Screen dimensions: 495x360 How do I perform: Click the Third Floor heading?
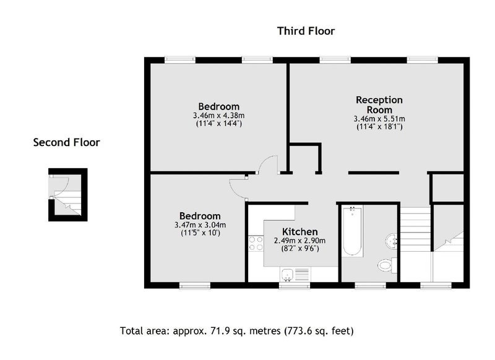pos(306,31)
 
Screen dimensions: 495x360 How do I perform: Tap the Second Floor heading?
pos(67,142)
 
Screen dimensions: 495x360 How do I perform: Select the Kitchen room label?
pos(300,231)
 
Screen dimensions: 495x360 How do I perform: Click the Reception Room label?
pos(379,105)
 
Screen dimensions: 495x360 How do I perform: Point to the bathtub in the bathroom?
pos(352,231)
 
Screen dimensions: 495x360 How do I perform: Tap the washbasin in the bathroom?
pos(392,242)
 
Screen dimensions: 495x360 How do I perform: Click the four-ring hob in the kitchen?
pos(256,244)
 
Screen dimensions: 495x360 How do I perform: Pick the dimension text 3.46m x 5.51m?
pos(379,119)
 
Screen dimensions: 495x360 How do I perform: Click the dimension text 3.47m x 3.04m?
pos(200,225)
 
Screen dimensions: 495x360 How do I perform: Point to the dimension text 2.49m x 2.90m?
pos(300,241)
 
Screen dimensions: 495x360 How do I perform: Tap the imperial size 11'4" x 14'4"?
pos(219,123)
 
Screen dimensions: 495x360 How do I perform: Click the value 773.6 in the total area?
pos(301,331)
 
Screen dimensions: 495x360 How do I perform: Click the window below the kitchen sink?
pos(295,286)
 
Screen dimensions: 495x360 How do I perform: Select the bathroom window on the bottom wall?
pos(370,286)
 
